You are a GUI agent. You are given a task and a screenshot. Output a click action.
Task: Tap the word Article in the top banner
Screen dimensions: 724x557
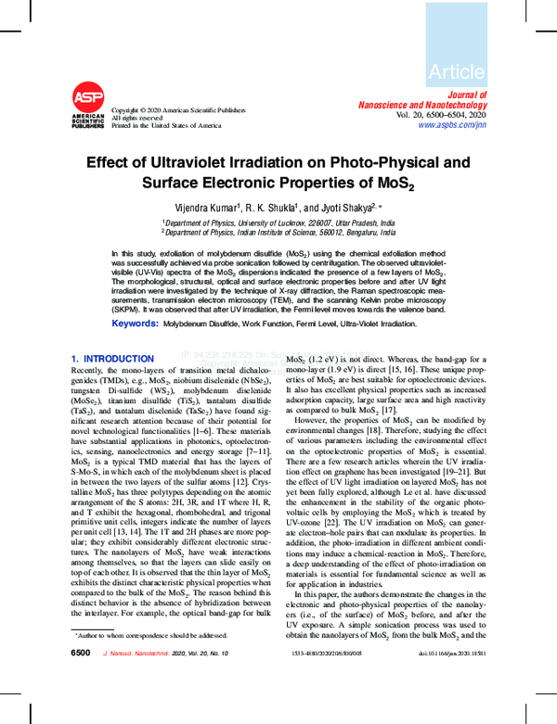click(x=456, y=71)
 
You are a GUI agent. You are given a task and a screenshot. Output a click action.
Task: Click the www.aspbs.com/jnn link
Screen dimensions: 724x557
click(x=451, y=124)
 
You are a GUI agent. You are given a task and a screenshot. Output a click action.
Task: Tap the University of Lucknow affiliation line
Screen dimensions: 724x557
click(x=278, y=223)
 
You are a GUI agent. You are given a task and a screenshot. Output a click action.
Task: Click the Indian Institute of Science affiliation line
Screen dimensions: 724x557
click(x=278, y=234)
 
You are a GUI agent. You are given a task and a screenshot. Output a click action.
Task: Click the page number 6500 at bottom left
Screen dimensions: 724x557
click(x=81, y=653)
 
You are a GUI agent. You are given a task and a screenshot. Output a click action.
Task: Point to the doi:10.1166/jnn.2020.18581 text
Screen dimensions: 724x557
click(x=444, y=654)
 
